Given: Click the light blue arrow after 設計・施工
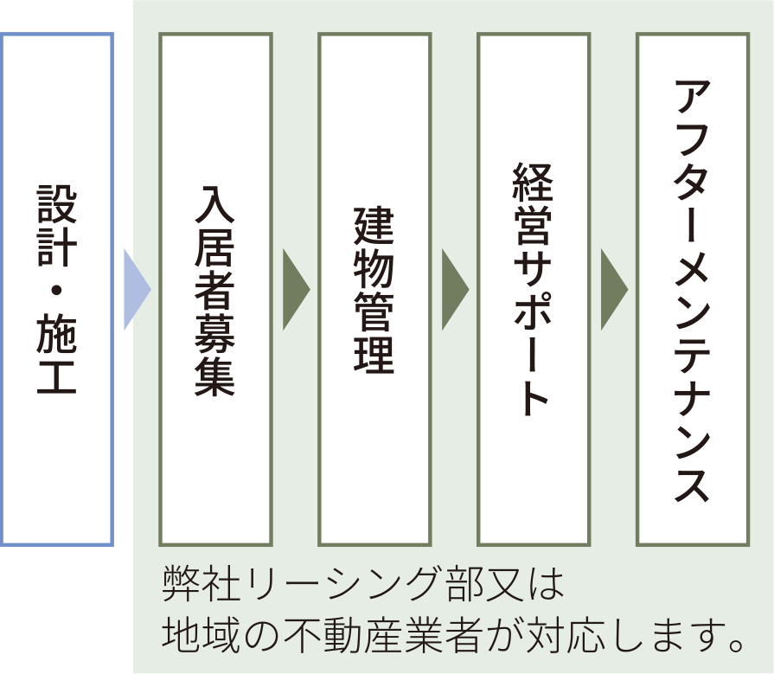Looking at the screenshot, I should [x=135, y=290].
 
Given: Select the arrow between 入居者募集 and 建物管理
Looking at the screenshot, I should [x=294, y=290].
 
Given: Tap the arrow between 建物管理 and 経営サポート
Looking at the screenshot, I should [x=453, y=290].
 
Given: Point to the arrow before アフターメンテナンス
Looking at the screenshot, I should [x=612, y=290].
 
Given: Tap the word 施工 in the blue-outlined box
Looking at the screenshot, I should [x=57, y=355].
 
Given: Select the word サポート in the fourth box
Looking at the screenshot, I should [x=533, y=333].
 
